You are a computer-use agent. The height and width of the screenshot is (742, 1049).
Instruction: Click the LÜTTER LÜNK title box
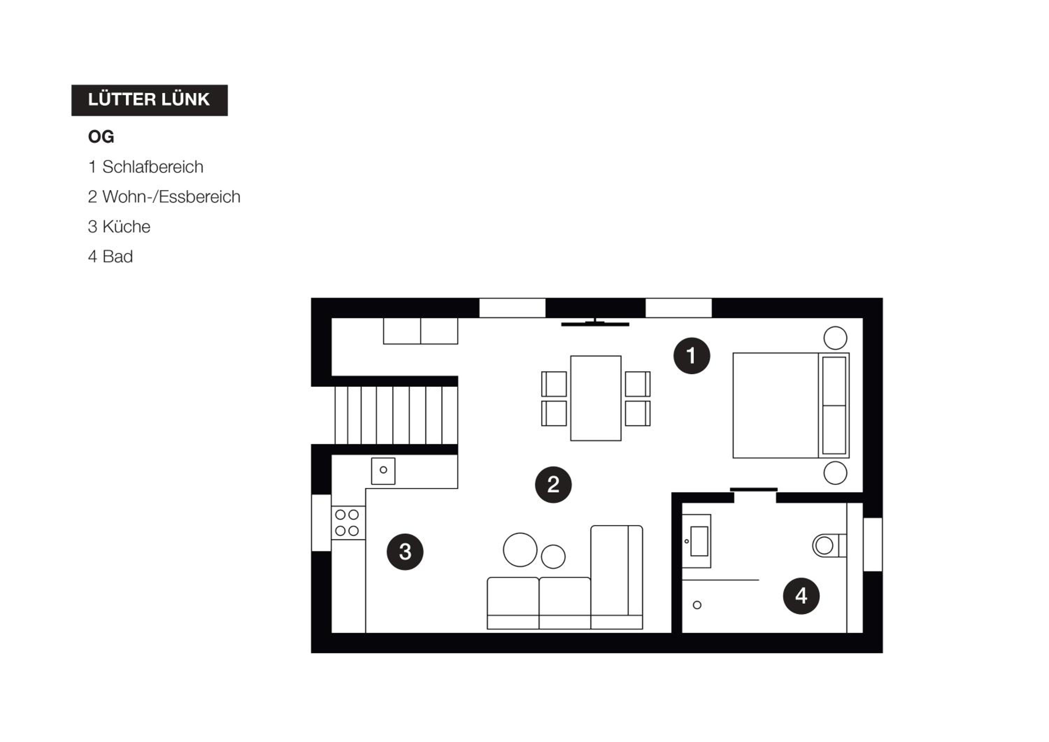click(x=149, y=100)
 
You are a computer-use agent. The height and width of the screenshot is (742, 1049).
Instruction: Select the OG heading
click(x=101, y=137)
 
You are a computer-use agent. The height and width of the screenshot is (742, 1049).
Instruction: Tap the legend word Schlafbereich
click(x=152, y=167)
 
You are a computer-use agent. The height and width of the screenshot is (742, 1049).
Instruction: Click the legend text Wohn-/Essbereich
click(x=171, y=197)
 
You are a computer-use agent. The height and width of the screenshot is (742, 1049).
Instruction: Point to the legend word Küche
click(x=126, y=227)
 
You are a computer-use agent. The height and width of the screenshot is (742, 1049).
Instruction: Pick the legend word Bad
click(x=117, y=256)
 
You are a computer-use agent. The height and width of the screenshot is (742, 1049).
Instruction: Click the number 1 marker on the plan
click(x=692, y=356)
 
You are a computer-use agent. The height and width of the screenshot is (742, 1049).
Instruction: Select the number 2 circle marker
click(x=553, y=485)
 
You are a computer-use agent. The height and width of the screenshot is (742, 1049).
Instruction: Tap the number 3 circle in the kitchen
click(x=405, y=551)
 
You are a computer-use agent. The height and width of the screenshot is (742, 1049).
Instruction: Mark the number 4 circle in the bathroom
click(x=801, y=596)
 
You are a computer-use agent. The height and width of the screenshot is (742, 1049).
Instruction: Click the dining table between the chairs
click(x=596, y=398)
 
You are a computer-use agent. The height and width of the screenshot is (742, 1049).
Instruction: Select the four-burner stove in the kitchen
click(x=348, y=523)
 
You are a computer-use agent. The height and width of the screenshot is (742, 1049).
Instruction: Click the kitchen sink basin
click(x=383, y=471)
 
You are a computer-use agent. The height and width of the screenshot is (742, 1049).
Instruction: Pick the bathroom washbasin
click(x=697, y=541)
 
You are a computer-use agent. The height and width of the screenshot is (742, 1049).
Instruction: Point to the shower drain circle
click(x=697, y=605)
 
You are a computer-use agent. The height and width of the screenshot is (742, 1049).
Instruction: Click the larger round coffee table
click(x=520, y=550)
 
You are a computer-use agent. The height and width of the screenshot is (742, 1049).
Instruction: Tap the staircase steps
click(x=396, y=415)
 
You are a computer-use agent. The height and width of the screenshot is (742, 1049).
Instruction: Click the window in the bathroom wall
click(x=873, y=545)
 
